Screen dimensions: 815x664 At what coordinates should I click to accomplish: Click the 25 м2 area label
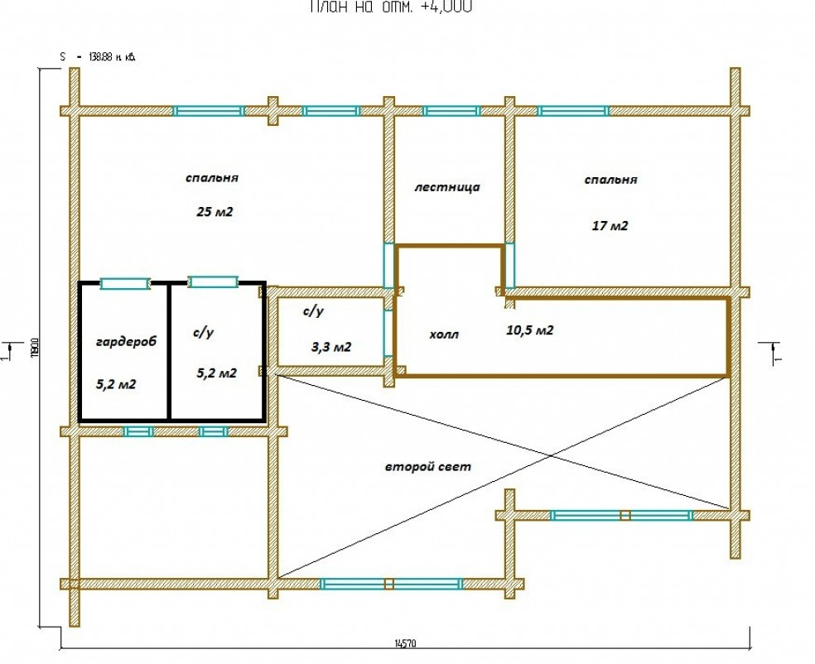(215, 212)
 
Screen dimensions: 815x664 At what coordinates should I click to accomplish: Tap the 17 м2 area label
(610, 225)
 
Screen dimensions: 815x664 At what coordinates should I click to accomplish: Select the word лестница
(446, 187)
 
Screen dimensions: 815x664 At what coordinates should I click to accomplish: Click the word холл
(444, 334)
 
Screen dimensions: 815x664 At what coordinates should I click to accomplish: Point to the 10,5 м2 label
(529, 330)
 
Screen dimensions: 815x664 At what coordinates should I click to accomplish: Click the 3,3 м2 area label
(330, 347)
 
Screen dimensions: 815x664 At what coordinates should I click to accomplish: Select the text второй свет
(427, 466)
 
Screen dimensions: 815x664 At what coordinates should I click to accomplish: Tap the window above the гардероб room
(125, 283)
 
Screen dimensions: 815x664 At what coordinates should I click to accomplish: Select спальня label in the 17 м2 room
(610, 180)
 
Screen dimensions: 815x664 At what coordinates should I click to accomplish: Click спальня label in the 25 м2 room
(212, 177)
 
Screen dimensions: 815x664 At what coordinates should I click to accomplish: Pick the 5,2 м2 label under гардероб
(116, 384)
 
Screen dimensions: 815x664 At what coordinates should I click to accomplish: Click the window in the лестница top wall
(451, 110)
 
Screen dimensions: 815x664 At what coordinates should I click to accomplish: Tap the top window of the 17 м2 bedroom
(573, 110)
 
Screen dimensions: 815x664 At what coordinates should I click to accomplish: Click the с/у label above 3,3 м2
(312, 311)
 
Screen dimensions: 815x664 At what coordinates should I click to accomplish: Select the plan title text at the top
(392, 7)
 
